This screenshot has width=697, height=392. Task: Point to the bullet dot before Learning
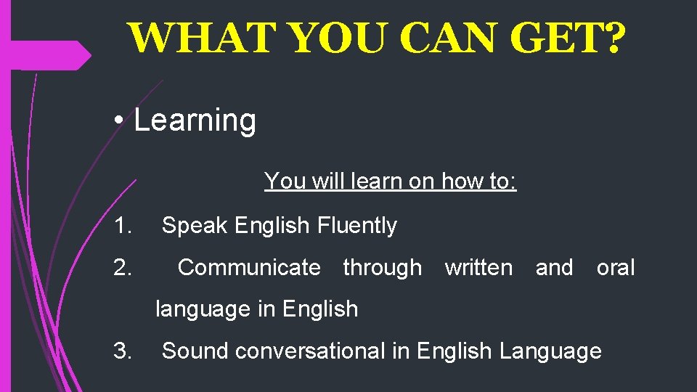(117, 121)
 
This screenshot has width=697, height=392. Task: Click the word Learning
(195, 121)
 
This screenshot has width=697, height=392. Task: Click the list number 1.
(123, 226)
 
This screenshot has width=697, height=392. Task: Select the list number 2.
(123, 268)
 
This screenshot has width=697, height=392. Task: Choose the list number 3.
(123, 351)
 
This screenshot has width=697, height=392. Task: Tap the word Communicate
(249, 268)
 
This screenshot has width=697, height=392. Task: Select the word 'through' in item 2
(382, 268)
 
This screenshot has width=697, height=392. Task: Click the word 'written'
(478, 268)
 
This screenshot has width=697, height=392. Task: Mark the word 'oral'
(616, 268)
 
